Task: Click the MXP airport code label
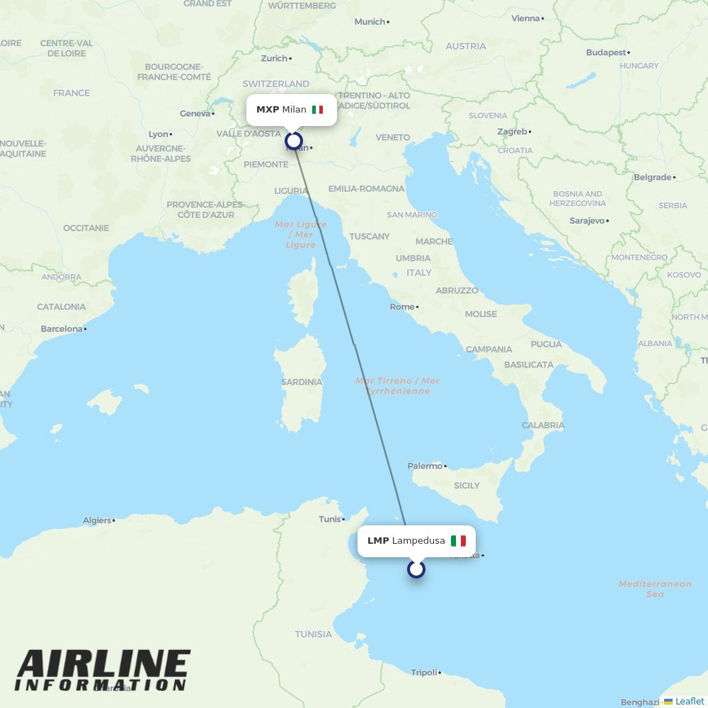tap(268, 110)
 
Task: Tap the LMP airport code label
tap(378, 541)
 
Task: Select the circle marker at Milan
tap(294, 141)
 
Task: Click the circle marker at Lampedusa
tap(416, 569)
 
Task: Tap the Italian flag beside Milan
tap(317, 110)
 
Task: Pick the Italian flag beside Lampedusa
tap(458, 541)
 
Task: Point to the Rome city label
tap(402, 307)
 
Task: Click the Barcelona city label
tap(62, 329)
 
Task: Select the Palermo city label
tap(425, 466)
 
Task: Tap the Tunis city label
tap(330, 519)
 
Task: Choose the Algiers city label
tap(97, 520)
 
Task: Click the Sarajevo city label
tap(587, 221)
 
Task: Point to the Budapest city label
tap(606, 52)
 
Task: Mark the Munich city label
tap(370, 22)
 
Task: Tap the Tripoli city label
tap(424, 673)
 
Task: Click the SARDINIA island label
tap(302, 382)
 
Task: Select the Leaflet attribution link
tap(689, 701)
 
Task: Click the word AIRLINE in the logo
tap(103, 665)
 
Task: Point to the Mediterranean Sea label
tap(655, 589)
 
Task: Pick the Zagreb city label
tap(512, 132)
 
